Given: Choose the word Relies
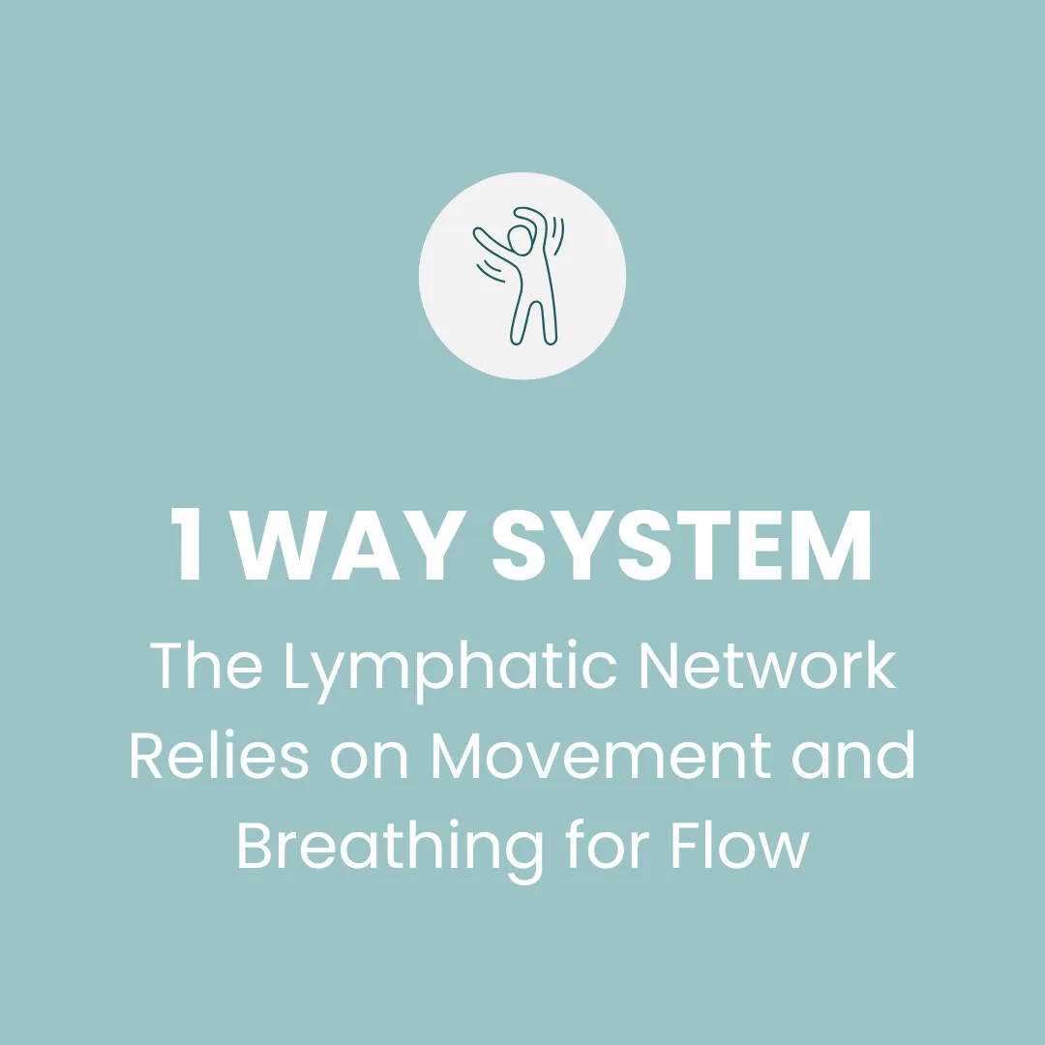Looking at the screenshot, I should pos(219,757).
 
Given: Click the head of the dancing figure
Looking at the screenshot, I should pos(521,241).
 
